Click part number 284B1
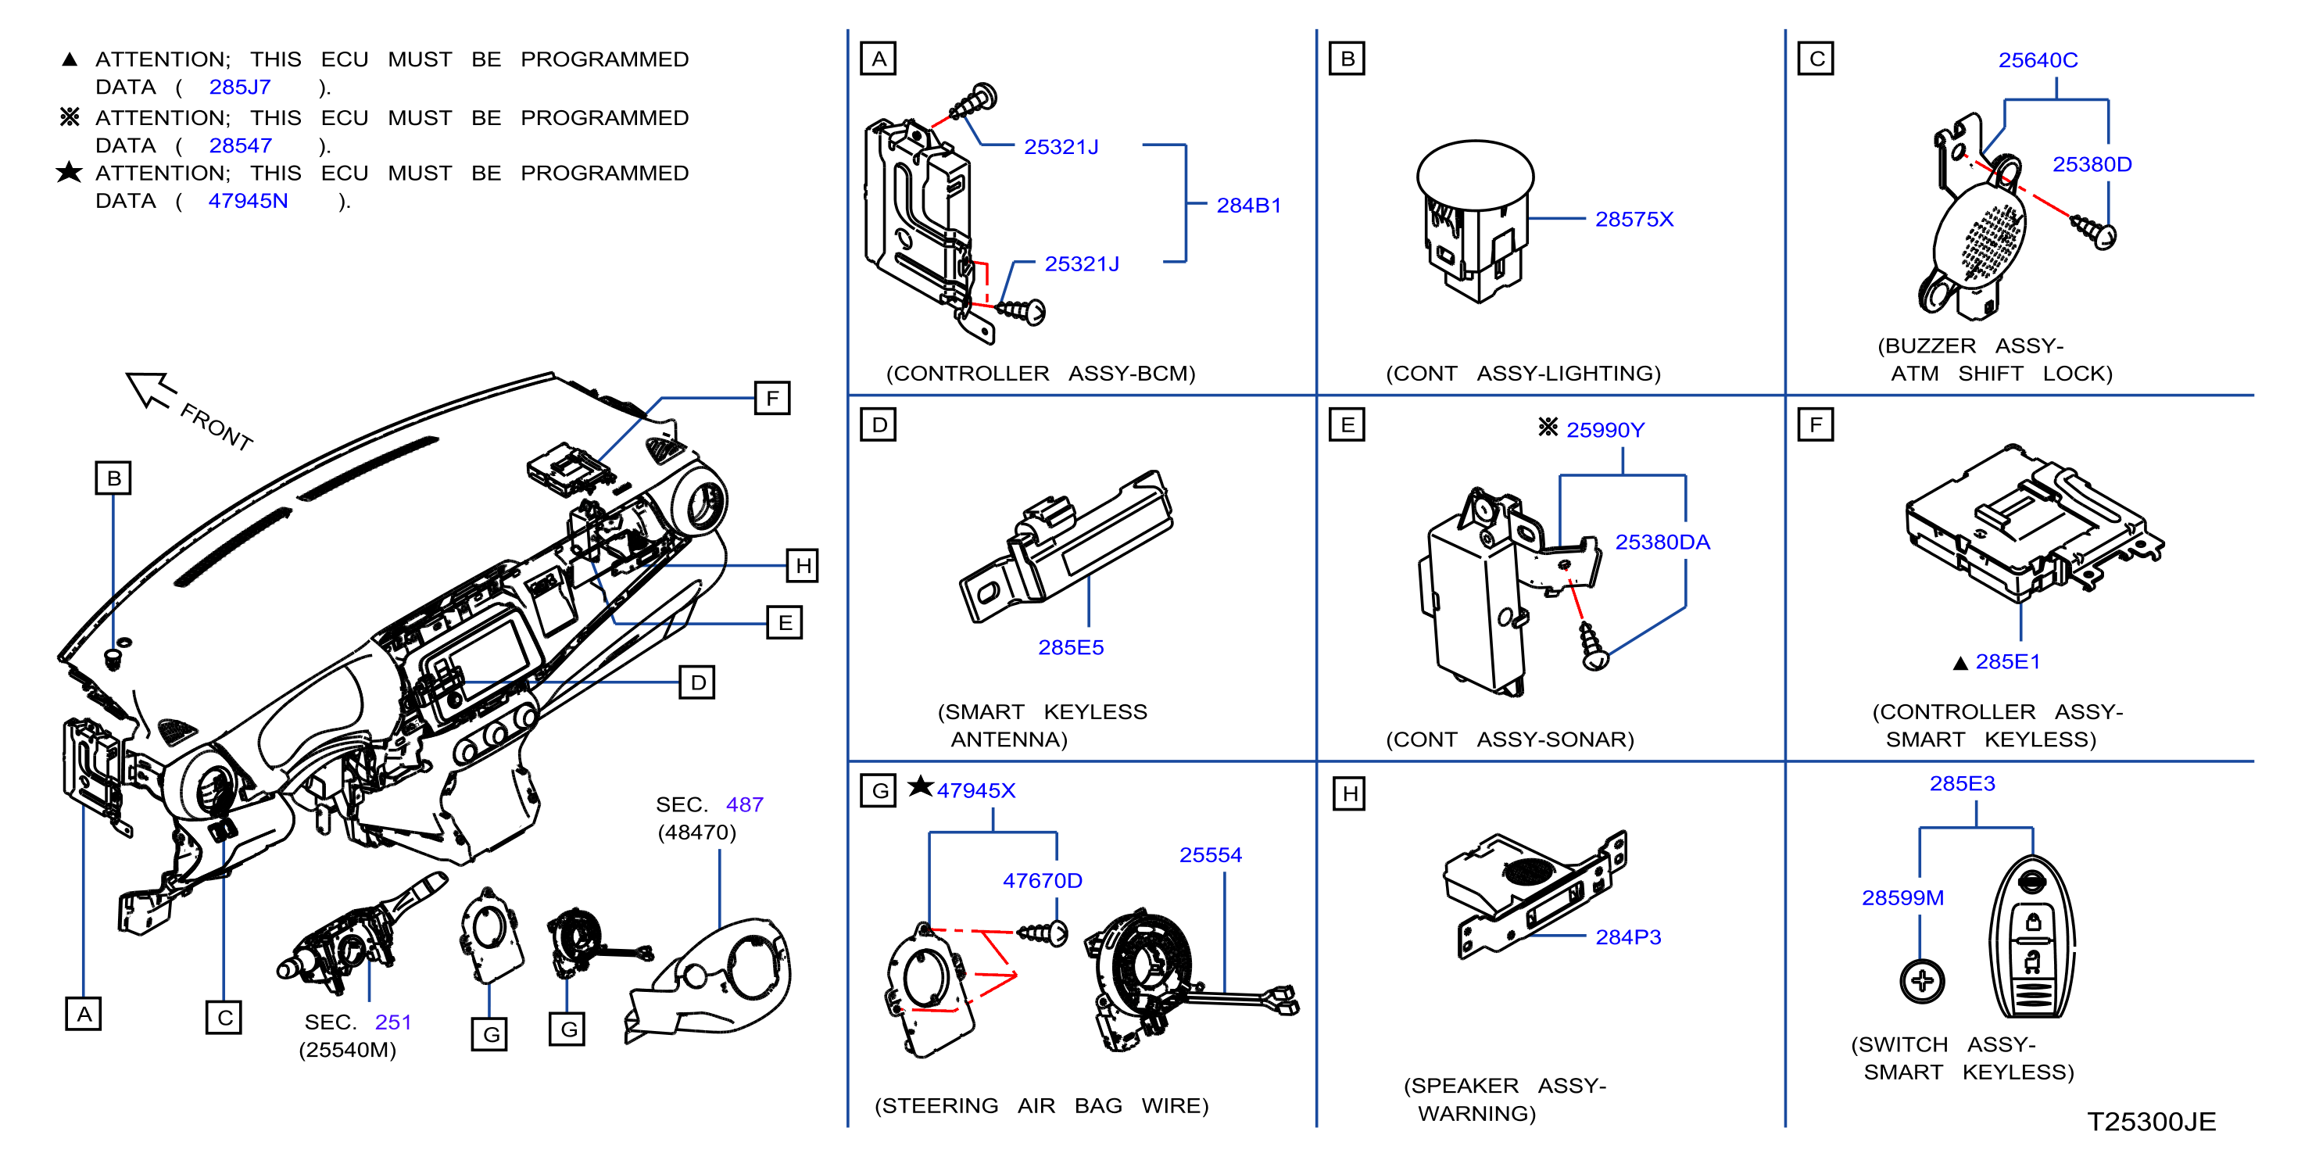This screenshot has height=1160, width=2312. pos(1248,206)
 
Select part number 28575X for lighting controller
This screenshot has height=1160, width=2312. pos(1634,219)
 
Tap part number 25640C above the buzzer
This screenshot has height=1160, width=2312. pos(2038,60)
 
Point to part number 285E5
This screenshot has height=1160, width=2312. pos(1071,647)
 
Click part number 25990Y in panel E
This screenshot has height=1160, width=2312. pos(1605,430)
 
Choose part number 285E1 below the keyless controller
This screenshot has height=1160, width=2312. pos(2008,662)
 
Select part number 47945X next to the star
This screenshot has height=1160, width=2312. pos(975,790)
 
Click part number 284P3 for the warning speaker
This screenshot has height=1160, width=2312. pos(1628,937)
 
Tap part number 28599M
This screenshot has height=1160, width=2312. pos(1902,898)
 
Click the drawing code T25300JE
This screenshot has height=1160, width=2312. pos(2151,1122)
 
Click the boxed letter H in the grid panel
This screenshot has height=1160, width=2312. pos(1349,793)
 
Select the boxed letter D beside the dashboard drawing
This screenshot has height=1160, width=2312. pos(697,682)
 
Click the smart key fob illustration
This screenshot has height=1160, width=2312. pos(2032,939)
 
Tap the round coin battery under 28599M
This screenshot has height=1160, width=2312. pos(1921,980)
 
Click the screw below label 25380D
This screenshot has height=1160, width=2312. pos(2094,231)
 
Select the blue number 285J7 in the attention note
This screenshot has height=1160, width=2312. pos(240,87)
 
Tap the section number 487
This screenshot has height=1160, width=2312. pos(744,804)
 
